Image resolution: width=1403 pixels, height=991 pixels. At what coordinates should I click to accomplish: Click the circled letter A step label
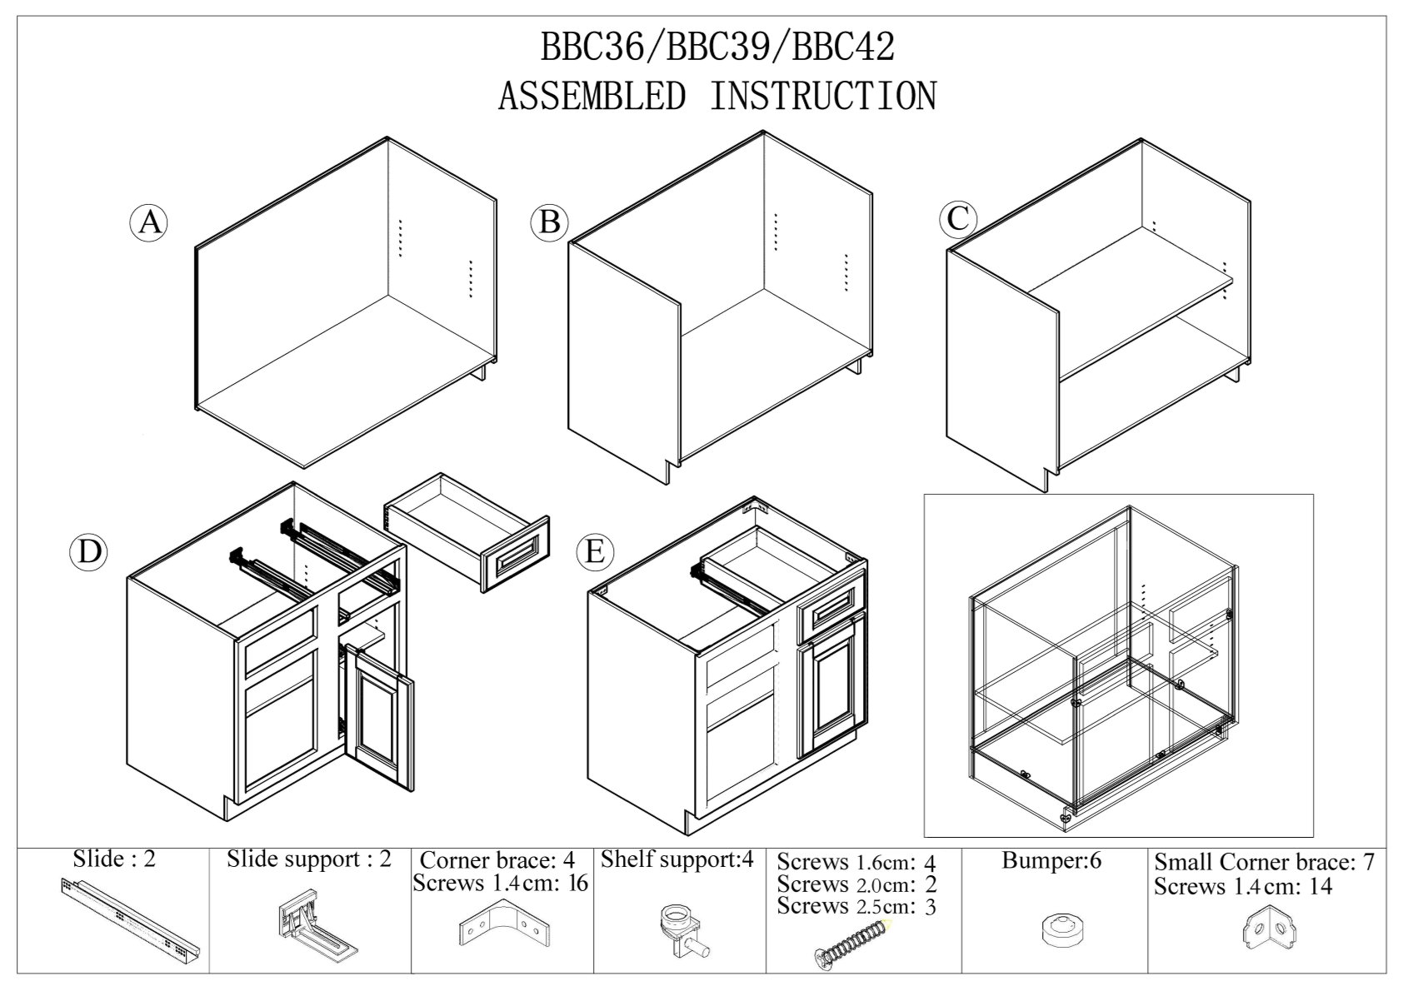pyautogui.click(x=149, y=222)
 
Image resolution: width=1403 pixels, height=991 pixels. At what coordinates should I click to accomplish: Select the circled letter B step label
pyautogui.click(x=549, y=222)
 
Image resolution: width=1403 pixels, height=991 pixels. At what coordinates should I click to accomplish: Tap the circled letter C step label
pyautogui.click(x=957, y=219)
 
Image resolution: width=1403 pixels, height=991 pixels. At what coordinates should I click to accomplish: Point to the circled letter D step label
pyautogui.click(x=88, y=552)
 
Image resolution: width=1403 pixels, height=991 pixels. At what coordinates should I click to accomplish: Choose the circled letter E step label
pyautogui.click(x=595, y=552)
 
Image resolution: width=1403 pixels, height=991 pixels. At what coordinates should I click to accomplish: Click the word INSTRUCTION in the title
pyautogui.click(x=822, y=96)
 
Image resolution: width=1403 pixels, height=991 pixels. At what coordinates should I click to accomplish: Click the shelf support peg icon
pyautogui.click(x=680, y=927)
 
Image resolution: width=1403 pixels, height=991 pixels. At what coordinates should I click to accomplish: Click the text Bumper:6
pyautogui.click(x=1051, y=861)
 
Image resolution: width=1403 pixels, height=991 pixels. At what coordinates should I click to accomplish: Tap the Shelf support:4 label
pyautogui.click(x=677, y=859)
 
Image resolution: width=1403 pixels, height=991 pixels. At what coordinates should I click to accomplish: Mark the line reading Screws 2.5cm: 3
pyautogui.click(x=856, y=906)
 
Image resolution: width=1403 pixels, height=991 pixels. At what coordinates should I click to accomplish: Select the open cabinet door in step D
pyautogui.click(x=382, y=716)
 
